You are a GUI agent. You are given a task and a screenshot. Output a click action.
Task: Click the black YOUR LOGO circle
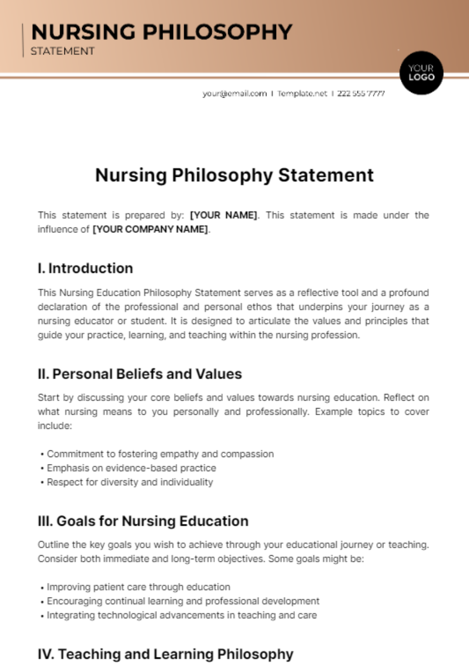421,73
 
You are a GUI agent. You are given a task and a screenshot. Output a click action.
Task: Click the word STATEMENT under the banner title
63,51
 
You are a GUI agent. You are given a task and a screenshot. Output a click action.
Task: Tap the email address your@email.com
234,94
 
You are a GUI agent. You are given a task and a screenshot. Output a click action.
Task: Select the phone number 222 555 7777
361,94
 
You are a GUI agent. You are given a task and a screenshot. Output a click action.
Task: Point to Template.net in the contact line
302,94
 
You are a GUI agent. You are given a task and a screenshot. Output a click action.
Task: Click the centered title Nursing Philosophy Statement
234,175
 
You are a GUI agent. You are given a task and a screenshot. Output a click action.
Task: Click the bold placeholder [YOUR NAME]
224,215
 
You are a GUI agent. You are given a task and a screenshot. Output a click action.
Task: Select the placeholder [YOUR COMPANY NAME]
150,229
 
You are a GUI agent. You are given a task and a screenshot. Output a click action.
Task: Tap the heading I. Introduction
85,268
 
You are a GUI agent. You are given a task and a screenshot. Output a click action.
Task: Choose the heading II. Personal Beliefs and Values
140,374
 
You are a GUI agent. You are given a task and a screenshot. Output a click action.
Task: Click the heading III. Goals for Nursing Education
143,521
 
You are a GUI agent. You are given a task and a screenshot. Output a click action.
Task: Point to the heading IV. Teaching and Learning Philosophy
165,654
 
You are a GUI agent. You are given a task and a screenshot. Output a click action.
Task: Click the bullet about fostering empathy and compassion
160,454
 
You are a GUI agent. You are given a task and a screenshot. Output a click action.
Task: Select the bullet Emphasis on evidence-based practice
131,468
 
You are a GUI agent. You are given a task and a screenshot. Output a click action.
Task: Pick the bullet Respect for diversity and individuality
130,482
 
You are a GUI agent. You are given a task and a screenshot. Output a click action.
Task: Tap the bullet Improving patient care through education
138,587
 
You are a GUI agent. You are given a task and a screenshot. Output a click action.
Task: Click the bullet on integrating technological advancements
182,615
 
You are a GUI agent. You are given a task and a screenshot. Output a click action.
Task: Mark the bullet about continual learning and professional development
183,601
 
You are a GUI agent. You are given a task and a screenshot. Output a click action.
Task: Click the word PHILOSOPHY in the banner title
217,32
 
